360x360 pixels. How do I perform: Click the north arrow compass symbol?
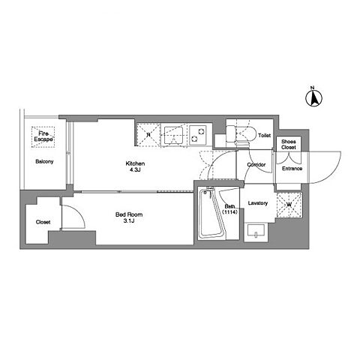tap(314, 98)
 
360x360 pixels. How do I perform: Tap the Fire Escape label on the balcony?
tap(43, 136)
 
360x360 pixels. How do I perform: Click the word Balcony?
tap(44, 161)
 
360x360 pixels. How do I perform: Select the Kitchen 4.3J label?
tap(135, 166)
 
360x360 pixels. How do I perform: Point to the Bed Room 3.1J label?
tap(129, 217)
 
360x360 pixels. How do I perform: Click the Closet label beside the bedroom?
tap(43, 222)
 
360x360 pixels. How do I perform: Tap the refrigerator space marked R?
tap(148, 135)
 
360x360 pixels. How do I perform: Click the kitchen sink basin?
tap(173, 136)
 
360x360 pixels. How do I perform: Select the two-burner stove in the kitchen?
tap(198, 135)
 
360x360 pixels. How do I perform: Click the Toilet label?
tap(264, 136)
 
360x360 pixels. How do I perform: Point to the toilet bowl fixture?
tap(241, 135)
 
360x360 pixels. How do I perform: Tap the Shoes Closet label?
tap(289, 145)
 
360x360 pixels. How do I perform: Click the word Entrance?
tap(292, 169)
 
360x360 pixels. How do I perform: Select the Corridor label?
tap(256, 165)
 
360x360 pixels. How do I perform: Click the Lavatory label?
tap(258, 203)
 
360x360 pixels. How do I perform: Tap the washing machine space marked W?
tap(289, 205)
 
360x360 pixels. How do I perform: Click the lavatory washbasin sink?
tap(256, 230)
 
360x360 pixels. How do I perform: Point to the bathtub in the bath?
tap(212, 214)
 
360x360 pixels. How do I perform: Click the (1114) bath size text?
tap(229, 212)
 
